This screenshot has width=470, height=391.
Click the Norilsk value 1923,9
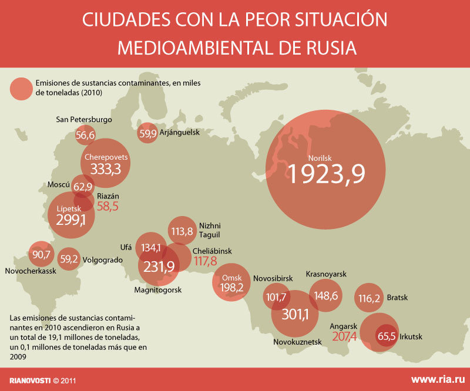click(325, 174)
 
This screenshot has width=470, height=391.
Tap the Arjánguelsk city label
click(179, 133)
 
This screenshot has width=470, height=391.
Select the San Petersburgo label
click(83, 120)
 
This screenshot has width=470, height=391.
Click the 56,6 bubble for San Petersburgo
click(85, 136)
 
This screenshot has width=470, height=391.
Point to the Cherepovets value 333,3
click(106, 170)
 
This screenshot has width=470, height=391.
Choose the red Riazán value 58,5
click(108, 206)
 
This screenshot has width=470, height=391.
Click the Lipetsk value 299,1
click(71, 220)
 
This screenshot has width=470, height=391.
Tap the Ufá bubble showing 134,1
click(152, 248)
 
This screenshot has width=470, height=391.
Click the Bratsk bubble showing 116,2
click(369, 298)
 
